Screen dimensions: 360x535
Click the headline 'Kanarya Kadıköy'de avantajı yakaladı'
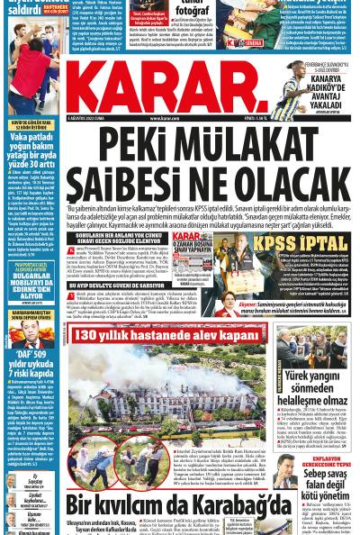323,91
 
